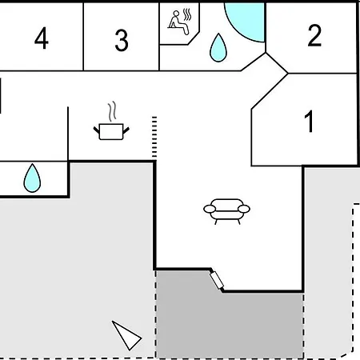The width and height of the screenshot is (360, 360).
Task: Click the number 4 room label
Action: (42, 38)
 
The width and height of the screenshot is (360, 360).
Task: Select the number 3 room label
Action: (122, 40)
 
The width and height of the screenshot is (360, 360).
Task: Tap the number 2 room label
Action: (314, 35)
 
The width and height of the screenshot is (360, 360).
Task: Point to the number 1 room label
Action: (310, 122)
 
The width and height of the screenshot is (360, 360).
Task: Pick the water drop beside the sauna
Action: (218, 47)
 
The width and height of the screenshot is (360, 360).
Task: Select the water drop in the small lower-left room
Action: (32, 178)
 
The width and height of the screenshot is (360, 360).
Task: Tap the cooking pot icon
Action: (111, 131)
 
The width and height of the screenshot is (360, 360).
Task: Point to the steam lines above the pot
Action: (112, 111)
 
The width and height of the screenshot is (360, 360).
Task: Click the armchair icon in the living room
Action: (226, 211)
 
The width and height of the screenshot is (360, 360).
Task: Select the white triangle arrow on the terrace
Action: (126, 335)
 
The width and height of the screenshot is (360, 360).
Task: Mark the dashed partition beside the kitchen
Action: (154, 137)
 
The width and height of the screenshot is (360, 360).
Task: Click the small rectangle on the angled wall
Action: (217, 280)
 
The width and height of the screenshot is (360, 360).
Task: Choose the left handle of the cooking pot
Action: (97, 130)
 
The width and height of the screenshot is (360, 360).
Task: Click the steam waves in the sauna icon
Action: (187, 14)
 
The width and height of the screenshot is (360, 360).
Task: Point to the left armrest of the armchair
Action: (210, 209)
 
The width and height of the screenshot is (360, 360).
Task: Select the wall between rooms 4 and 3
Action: (83, 37)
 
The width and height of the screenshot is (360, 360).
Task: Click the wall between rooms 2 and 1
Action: (322, 73)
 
